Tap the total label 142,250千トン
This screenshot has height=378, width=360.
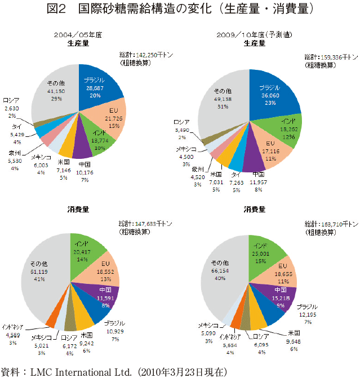pyautogui.click(x=154, y=55)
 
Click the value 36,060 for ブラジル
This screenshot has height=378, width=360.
pyautogui.click(x=269, y=95)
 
